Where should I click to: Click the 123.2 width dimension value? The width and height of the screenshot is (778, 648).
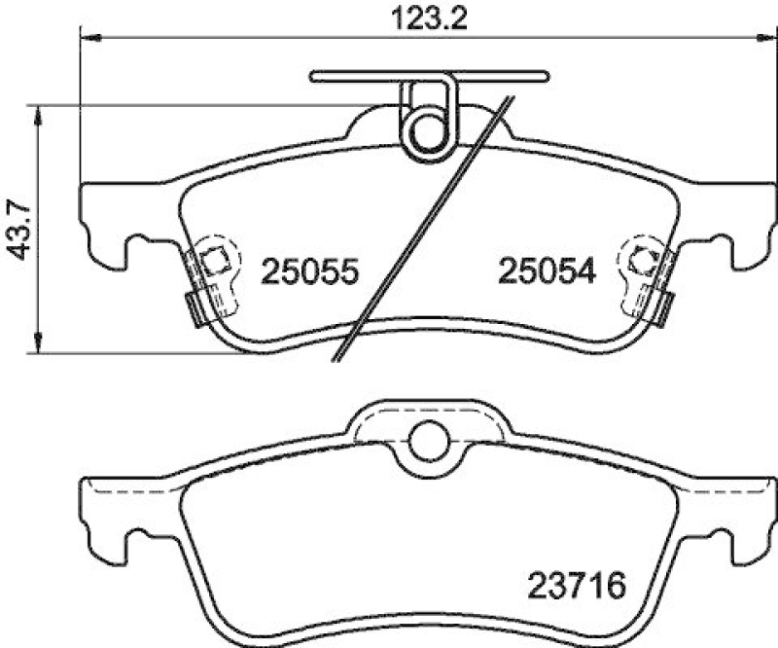421,19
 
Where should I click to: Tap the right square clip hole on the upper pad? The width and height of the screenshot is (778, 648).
640,260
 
